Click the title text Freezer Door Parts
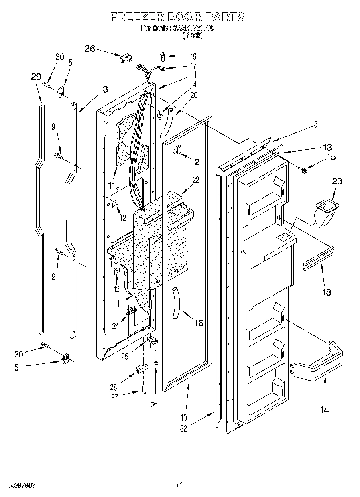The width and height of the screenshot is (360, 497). coord(177,17)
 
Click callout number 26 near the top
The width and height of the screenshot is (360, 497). coord(90,49)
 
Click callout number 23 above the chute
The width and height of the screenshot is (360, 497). coord(337,181)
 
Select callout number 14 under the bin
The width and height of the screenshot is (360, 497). coord(324,410)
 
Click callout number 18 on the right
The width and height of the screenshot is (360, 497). coord(327,292)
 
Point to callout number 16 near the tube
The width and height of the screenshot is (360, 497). coord(198,323)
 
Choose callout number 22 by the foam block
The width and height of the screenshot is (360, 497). coord(195,181)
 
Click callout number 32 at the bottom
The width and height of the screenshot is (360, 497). coord(183,428)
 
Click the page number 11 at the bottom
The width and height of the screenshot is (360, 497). coord(179,485)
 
